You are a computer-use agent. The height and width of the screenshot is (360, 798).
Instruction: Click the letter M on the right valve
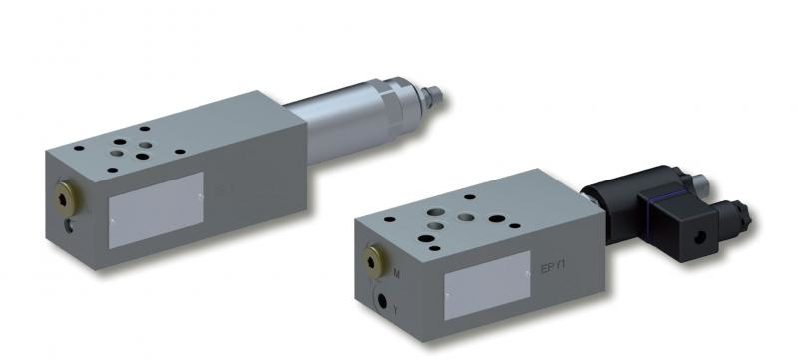pyautogui.click(x=397, y=272)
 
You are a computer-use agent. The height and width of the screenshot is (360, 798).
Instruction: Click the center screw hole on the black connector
pyautogui.click(x=698, y=237)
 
